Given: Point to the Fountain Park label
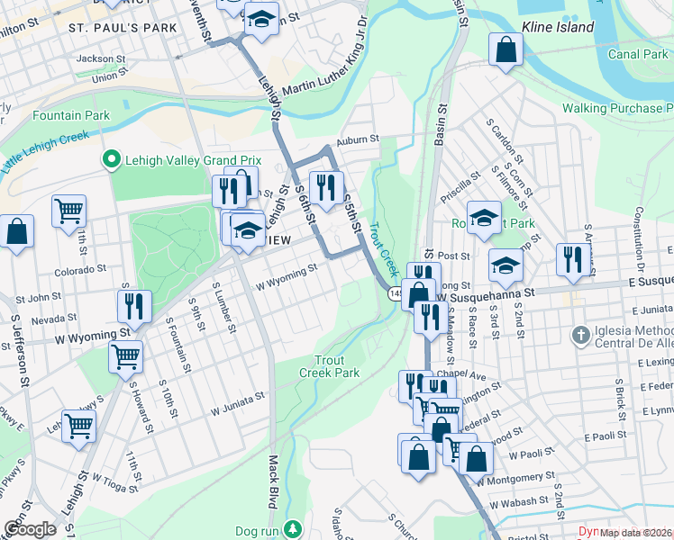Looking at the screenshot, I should [x=70, y=115].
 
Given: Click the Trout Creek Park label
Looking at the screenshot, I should [x=329, y=366].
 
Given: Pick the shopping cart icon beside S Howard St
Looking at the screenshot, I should [x=125, y=356].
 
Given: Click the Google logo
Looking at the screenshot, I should [x=30, y=529].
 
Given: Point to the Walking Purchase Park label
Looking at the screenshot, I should [x=613, y=109].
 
